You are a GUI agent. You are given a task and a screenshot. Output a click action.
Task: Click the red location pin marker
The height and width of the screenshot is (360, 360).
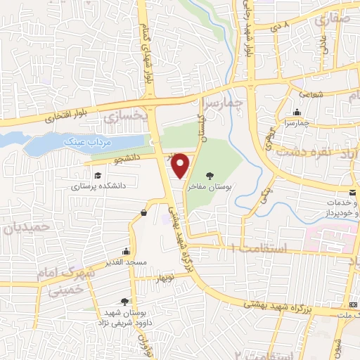pos(181,165)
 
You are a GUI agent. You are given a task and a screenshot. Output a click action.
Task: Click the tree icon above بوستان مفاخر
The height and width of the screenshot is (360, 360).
pos(209,175)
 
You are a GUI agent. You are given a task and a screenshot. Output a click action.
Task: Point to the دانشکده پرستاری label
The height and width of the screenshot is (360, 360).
pos(98,188)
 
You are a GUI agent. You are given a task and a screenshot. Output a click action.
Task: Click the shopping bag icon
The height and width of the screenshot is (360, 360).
pos(143,212)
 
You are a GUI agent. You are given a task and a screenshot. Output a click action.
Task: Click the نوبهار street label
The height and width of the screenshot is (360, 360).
pos(167,277)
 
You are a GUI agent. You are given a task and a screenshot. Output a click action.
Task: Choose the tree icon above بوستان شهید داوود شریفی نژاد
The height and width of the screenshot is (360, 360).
pos(125,301)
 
